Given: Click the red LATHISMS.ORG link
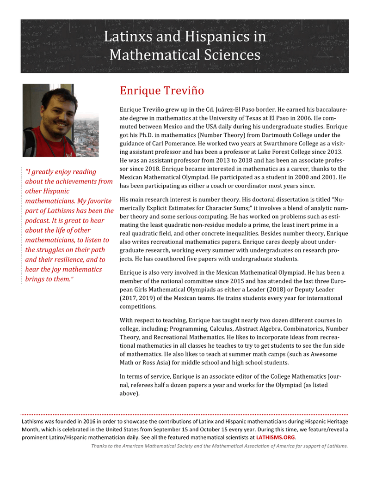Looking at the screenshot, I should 276,437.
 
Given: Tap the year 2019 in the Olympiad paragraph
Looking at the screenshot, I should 147,298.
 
